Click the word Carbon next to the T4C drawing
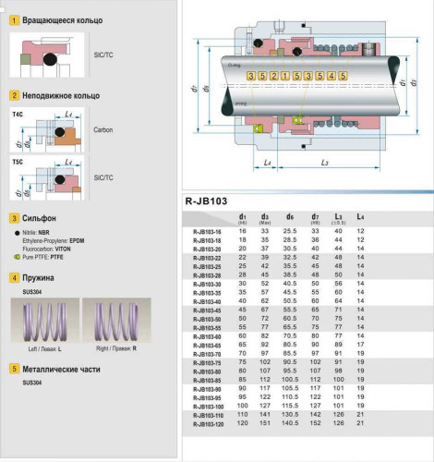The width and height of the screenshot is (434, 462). (x=103, y=130)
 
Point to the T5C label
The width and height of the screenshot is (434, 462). (x=18, y=162)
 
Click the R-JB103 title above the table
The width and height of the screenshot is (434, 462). (x=207, y=200)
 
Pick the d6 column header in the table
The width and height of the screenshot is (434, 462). (x=290, y=217)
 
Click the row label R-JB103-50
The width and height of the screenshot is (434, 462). (x=209, y=318)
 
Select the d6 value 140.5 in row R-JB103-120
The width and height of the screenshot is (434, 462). (x=290, y=423)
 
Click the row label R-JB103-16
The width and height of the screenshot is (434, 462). (x=209, y=230)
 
